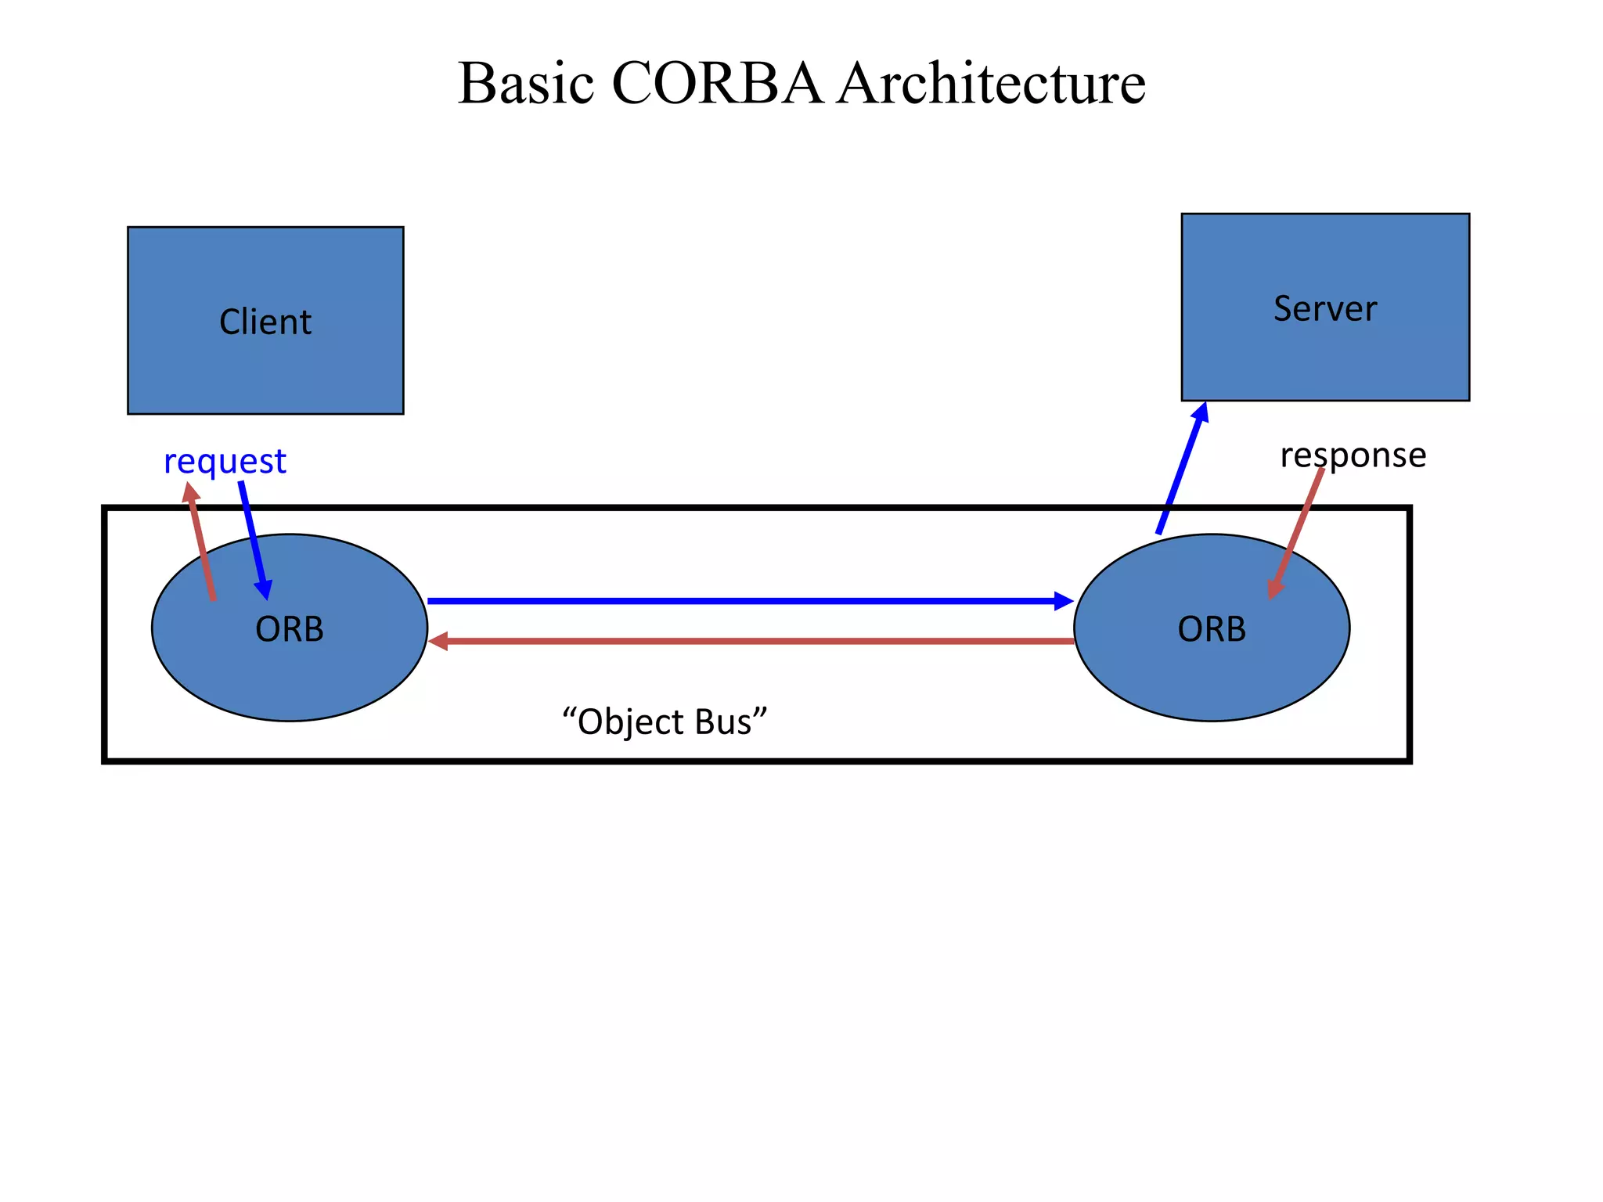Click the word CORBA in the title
pyautogui.click(x=716, y=83)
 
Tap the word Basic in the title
pyautogui.click(x=525, y=83)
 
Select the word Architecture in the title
pyautogui.click(x=991, y=83)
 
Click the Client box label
pyautogui.click(x=265, y=322)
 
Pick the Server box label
pyautogui.click(x=1324, y=308)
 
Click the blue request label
pyautogui.click(x=225, y=461)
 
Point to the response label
pyautogui.click(x=1353, y=455)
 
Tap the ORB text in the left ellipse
pyautogui.click(x=290, y=629)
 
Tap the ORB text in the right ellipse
pyautogui.click(x=1212, y=629)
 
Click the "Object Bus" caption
pyautogui.click(x=665, y=722)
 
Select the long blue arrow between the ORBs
pyautogui.click(x=744, y=601)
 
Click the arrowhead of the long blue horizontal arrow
pyautogui.click(x=1064, y=601)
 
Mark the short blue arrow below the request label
pyautogui.click(x=254, y=540)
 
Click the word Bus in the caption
pyautogui.click(x=729, y=722)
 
